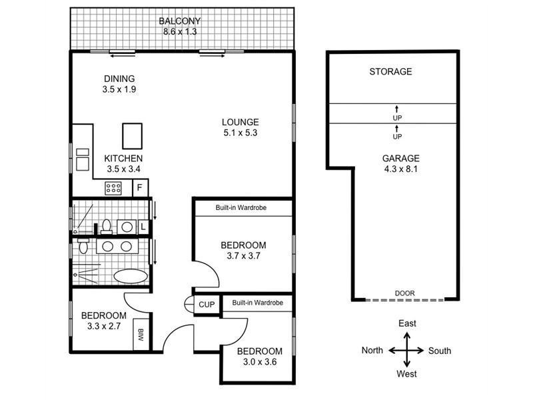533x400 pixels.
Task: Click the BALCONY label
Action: point(179,21)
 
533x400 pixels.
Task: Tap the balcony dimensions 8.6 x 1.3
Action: point(179,31)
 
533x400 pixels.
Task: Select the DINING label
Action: point(119,78)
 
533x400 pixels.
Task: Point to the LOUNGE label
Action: point(241,122)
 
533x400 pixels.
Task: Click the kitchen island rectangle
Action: point(132,135)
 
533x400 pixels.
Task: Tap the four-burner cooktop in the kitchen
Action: point(113,188)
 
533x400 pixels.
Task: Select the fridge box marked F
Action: point(140,187)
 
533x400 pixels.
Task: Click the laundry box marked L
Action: point(143,227)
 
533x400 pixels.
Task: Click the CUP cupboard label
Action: point(207,305)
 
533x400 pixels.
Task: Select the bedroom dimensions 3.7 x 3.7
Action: point(243,256)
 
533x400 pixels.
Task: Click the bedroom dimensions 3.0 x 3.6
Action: point(260,363)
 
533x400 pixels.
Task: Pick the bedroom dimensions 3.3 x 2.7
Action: point(104,327)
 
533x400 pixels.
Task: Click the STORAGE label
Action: point(390,71)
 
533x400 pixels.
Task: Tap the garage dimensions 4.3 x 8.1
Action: point(400,169)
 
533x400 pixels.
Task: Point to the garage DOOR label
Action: point(404,293)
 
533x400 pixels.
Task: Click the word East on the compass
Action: point(408,323)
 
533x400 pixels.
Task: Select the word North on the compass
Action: point(372,351)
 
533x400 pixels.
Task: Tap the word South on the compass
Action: point(440,351)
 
